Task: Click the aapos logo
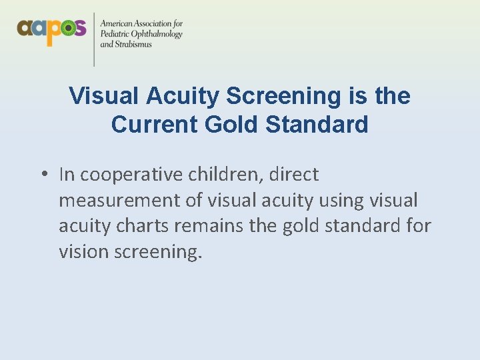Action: [x=51, y=30]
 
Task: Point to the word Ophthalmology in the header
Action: [x=157, y=35]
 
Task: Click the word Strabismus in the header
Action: [x=134, y=45]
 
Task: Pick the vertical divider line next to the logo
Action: [x=93, y=39]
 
